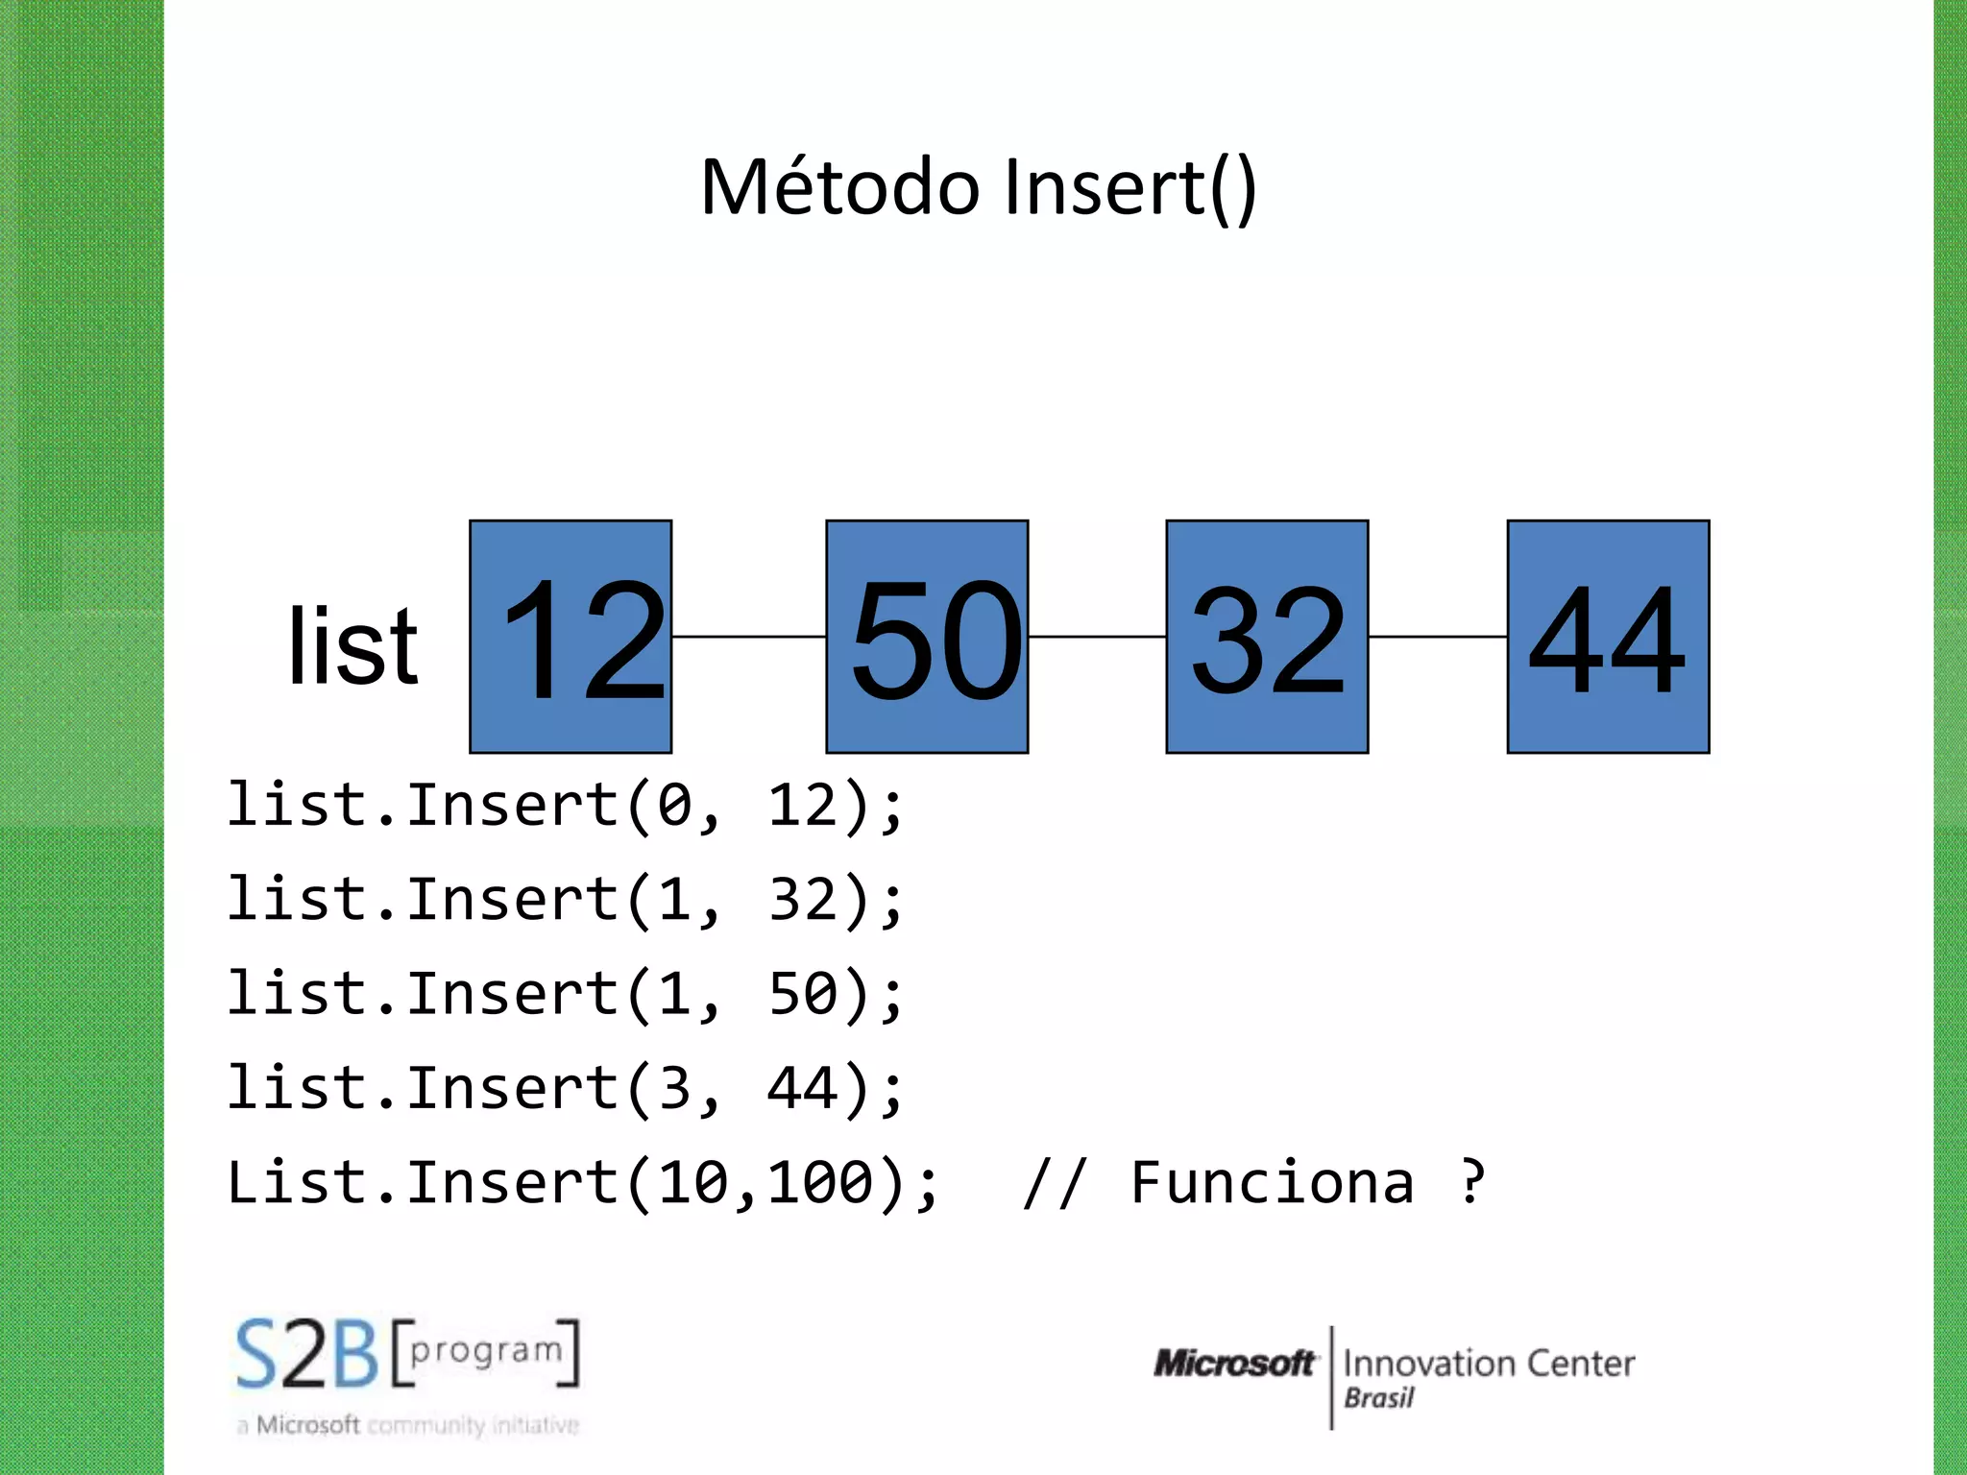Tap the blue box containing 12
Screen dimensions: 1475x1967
pos(571,637)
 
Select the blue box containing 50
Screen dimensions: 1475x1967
pos(927,637)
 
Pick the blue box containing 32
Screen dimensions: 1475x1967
pos(1267,637)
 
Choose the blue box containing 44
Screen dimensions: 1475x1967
pos(1608,637)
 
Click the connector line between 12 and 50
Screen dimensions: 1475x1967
pos(749,636)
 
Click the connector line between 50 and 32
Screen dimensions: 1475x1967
pos(1097,636)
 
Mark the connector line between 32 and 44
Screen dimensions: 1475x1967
pos(1438,636)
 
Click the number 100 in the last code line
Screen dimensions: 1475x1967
pos(822,1182)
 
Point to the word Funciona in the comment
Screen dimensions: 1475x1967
pos(1272,1182)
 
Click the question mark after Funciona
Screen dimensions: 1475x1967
pos(1472,1182)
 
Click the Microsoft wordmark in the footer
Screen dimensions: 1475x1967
pos(1234,1363)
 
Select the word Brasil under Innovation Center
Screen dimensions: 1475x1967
pos(1378,1398)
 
